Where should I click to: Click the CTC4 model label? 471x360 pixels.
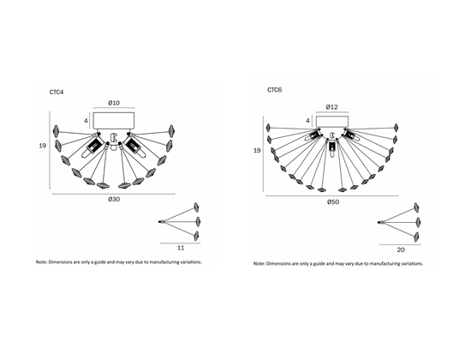point(57,92)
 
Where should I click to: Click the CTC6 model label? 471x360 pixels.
point(275,90)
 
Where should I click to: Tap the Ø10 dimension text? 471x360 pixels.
point(114,103)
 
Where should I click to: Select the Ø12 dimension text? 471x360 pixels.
point(332,107)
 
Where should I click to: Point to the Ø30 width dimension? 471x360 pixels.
point(114,199)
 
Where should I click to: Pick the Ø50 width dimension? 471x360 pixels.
point(333,201)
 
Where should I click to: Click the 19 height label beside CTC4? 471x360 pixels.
point(43,146)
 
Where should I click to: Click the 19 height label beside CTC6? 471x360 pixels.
point(257,150)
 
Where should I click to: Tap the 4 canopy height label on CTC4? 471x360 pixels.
point(86,121)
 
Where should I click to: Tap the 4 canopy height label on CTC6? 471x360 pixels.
point(307,121)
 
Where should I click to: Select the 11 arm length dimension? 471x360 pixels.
point(181,248)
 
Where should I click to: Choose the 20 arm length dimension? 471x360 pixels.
point(401,249)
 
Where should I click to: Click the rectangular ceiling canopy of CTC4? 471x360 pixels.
point(114,121)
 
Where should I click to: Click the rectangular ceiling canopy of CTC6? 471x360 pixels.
point(332,121)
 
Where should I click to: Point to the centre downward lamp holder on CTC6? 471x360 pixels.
point(332,148)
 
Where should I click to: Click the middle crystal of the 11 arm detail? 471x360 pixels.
point(197,222)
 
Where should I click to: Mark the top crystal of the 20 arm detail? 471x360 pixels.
point(417,207)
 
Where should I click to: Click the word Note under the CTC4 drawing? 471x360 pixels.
point(41,262)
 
